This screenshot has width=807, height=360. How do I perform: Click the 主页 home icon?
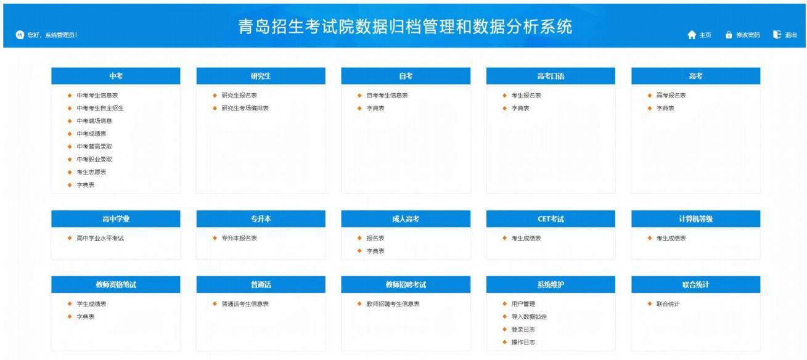tap(691, 35)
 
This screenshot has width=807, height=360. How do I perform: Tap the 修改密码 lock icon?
tap(729, 35)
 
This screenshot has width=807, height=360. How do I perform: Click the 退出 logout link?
tap(790, 35)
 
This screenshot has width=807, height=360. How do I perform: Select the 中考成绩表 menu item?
tap(91, 134)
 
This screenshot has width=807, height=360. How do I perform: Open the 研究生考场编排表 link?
tap(245, 108)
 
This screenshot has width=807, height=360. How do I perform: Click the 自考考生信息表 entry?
tap(387, 96)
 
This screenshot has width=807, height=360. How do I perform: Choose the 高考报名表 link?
tap(671, 96)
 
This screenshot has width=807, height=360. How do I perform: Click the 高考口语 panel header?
tap(551, 76)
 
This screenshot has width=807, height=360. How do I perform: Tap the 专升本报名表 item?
tap(239, 238)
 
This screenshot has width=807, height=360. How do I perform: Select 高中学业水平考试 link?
tap(100, 238)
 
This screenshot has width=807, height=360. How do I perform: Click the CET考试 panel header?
tap(551, 219)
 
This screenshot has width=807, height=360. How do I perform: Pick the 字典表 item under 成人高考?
tap(375, 251)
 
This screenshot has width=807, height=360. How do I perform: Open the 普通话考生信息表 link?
tap(245, 304)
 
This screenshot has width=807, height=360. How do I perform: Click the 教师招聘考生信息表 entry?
tap(393, 304)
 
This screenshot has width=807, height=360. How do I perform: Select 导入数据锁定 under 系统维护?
tap(529, 317)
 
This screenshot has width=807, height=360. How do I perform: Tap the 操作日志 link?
tap(523, 342)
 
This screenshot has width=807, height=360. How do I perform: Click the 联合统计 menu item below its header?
tap(668, 304)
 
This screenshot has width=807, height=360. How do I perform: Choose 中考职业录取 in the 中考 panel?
tap(94, 159)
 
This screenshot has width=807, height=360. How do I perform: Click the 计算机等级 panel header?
tap(695, 219)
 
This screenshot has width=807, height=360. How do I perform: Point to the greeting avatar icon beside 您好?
tap(20, 35)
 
